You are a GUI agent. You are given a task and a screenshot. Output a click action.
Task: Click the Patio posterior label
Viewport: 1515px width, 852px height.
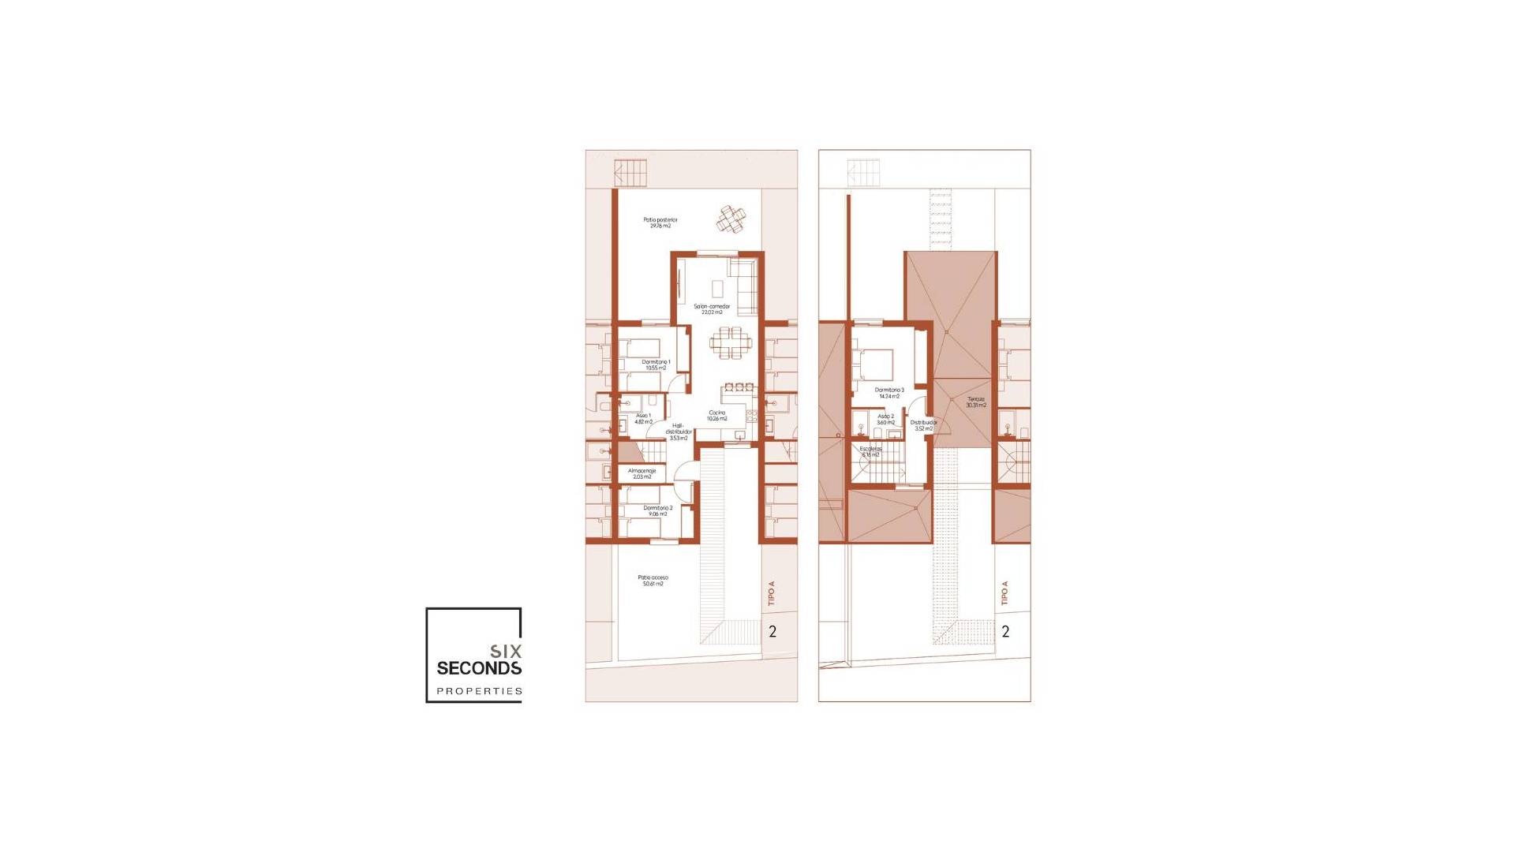[660, 222]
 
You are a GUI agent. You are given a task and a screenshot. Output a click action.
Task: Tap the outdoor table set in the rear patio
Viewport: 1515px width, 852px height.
[731, 219]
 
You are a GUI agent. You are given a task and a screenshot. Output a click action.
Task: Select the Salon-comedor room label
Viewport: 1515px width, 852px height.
[712, 308]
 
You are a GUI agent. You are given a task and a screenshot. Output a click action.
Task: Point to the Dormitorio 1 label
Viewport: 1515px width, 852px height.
[656, 364]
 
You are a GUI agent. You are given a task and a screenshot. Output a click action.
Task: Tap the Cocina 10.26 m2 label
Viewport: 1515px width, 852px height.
[716, 416]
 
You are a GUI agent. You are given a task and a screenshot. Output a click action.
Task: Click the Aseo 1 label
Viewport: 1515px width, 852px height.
[644, 418]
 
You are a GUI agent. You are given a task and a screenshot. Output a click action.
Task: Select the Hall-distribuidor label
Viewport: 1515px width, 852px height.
[679, 432]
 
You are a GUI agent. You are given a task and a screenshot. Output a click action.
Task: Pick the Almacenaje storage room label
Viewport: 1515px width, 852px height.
[642, 473]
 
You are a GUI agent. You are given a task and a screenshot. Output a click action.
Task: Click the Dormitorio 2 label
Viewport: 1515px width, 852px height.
[657, 510]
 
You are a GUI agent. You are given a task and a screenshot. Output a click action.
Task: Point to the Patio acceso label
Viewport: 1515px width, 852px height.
[653, 581]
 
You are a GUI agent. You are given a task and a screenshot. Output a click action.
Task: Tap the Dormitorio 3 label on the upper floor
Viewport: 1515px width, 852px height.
[889, 392]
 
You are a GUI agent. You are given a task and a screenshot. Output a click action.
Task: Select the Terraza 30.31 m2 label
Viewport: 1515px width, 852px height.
[976, 402]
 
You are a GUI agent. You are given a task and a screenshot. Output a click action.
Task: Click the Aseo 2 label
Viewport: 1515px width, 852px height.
[885, 419]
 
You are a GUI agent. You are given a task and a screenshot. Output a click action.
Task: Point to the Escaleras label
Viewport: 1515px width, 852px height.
[870, 451]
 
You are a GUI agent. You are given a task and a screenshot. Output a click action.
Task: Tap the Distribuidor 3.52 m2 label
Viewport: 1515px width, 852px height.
[924, 425]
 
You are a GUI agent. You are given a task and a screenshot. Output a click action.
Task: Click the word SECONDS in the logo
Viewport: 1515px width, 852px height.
[479, 668]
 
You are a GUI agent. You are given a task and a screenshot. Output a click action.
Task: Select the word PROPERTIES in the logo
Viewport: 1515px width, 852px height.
[479, 691]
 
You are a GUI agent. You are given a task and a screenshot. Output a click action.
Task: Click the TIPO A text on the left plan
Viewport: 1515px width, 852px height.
[772, 593]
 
